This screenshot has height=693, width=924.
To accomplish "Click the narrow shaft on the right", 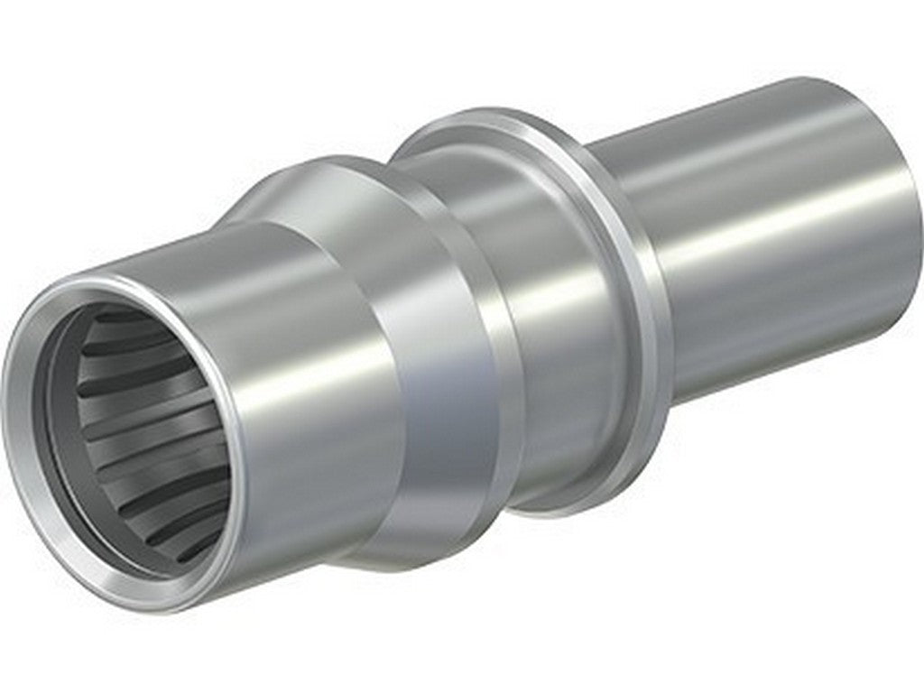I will pos(767,235).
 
